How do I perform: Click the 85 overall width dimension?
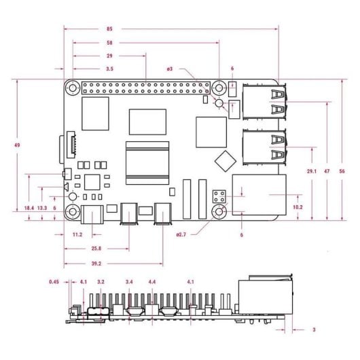click(109, 29)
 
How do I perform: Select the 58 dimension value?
click(109, 43)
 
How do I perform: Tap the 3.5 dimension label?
click(109, 69)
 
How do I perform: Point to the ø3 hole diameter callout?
click(169, 69)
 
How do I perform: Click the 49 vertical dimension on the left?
click(7, 145)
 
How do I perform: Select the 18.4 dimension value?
click(29, 208)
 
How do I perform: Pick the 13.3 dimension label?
click(42, 208)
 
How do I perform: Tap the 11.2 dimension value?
click(77, 234)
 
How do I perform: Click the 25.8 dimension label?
click(96, 249)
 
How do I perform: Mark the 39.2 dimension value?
click(96, 264)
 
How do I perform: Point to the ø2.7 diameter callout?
click(181, 234)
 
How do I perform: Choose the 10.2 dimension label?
click(297, 206)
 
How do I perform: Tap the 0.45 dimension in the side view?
click(54, 281)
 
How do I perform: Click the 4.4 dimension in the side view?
click(152, 281)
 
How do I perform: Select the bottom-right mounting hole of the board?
click(219, 213)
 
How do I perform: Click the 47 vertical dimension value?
click(327, 171)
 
